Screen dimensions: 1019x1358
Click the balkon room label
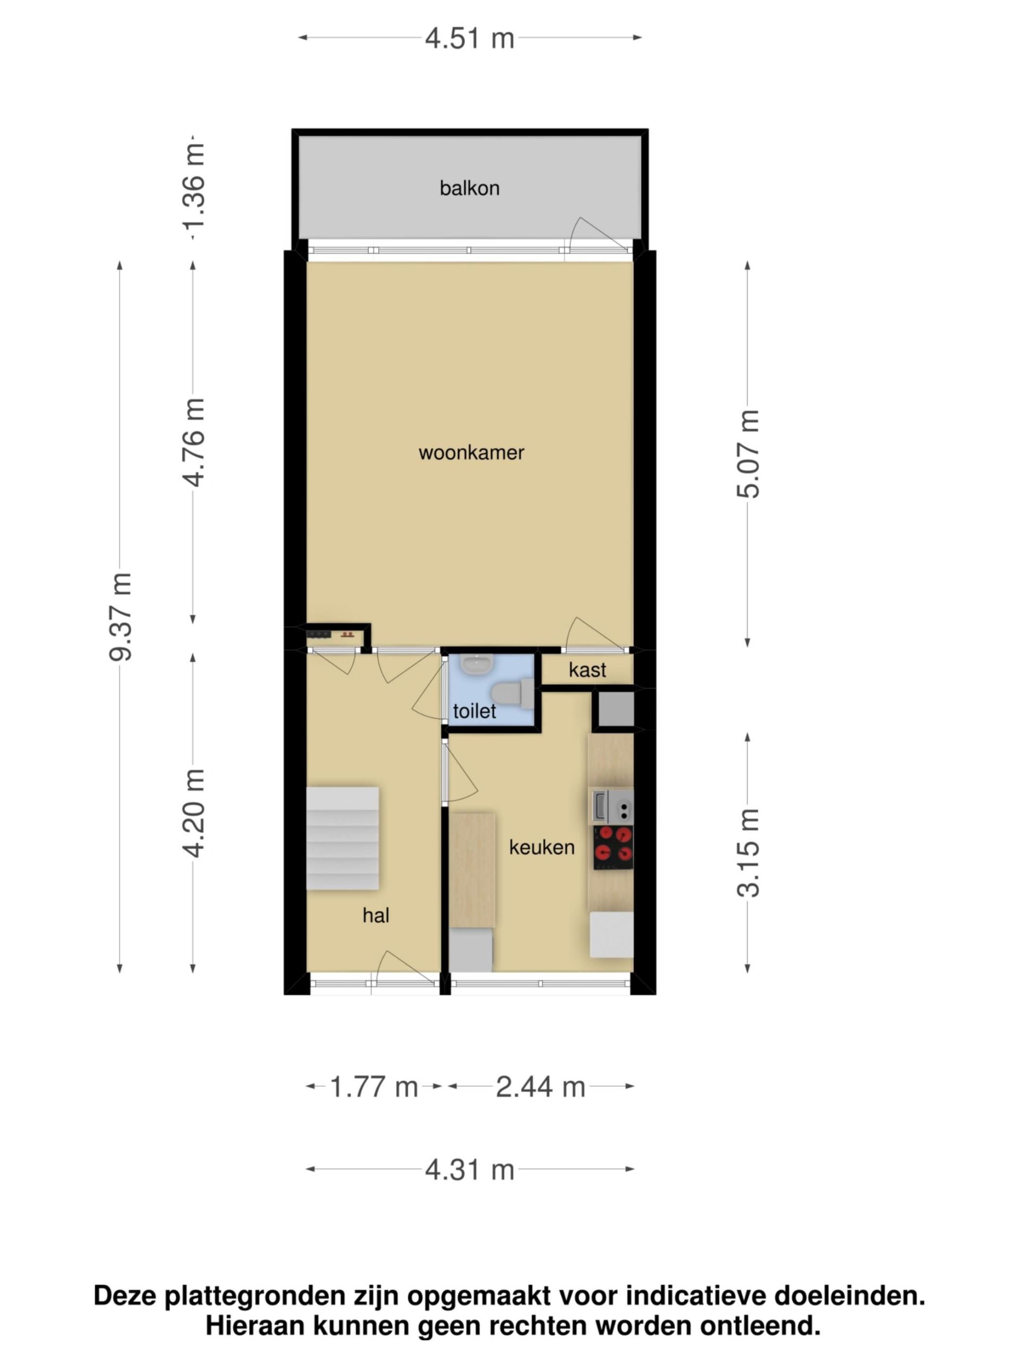pos(469,188)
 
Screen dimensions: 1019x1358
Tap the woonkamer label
pos(471,453)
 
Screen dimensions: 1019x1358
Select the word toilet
pos(474,711)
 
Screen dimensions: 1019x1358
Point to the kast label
pos(587,670)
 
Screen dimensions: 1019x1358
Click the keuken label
pos(542,847)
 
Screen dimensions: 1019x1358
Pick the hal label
pos(376,916)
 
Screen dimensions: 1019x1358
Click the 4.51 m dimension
pos(469,39)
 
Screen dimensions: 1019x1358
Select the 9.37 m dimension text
pos(120,616)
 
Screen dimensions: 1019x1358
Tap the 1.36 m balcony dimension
pos(194,191)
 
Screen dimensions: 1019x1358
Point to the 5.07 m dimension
pos(748,454)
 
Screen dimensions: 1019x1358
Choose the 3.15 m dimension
pos(748,853)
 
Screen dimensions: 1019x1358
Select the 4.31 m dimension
pos(469,1170)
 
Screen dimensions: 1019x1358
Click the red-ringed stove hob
pos(613,847)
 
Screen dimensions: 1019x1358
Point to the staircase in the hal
pos(342,838)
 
